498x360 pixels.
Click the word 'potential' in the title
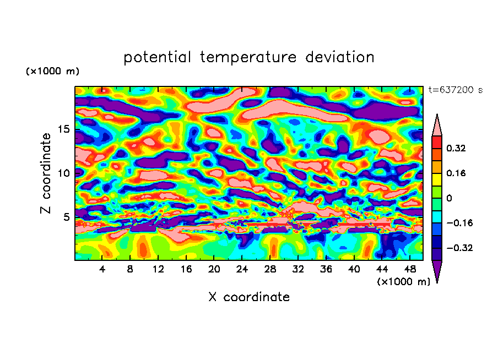point(158,57)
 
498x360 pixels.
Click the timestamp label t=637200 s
point(455,90)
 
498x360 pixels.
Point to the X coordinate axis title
point(249,297)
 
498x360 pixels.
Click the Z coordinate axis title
point(46,173)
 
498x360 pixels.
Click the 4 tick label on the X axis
point(102,269)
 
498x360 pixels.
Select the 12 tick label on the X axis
point(159,269)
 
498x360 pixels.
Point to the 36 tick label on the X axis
point(326,269)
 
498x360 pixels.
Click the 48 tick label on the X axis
point(410,269)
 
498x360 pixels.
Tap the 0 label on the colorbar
point(450,198)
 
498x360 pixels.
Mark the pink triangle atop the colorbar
point(436,126)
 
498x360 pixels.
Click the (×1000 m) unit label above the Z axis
point(52,72)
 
